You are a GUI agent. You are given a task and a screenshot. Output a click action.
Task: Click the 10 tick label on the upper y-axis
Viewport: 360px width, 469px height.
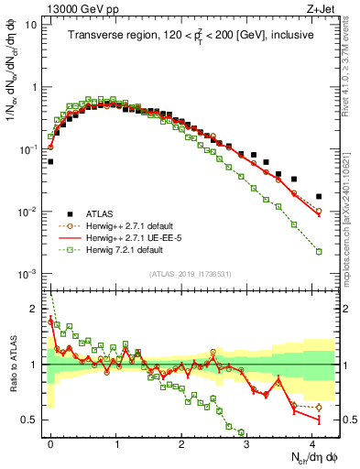coord(30,25)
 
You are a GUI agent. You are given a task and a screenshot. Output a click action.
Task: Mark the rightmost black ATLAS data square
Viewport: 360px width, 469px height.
coord(319,196)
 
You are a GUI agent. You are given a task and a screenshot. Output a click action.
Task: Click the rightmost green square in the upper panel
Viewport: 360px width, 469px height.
coord(319,251)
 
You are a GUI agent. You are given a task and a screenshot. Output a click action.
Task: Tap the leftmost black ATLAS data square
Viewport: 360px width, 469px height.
coord(50,161)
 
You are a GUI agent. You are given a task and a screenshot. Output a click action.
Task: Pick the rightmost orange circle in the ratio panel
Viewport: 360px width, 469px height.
coord(319,408)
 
